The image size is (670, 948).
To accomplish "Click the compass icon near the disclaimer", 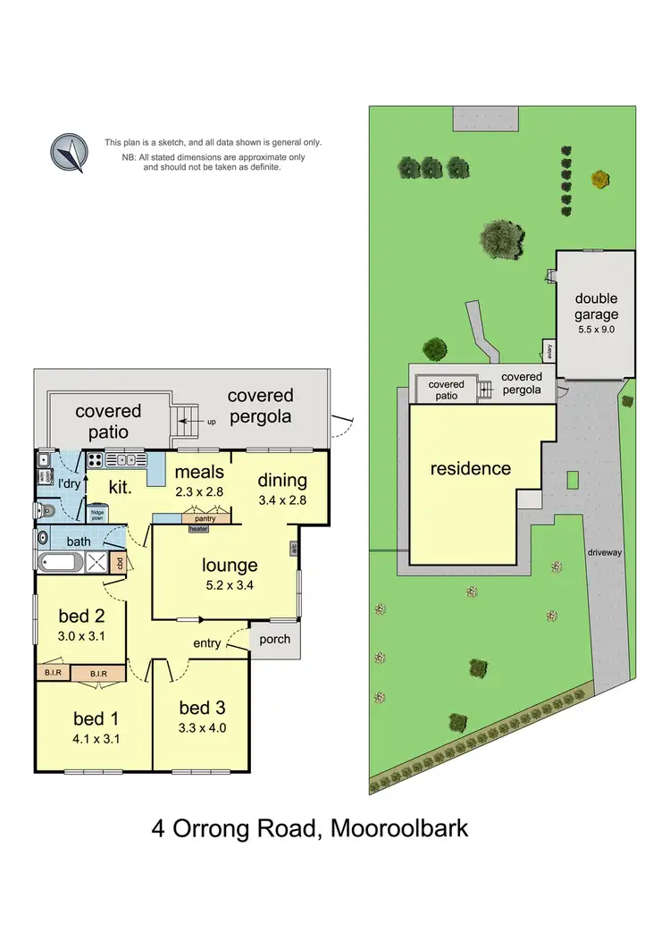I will (68, 153).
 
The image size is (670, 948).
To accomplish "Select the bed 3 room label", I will (201, 709).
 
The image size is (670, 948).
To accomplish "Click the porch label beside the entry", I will (274, 640).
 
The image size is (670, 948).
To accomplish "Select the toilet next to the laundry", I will (46, 511).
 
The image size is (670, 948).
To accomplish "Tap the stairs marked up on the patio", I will (185, 421).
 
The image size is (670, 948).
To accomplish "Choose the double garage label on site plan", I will (596, 306).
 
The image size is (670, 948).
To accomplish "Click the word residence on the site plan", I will (471, 468).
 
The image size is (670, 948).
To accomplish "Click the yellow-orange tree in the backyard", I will (599, 180).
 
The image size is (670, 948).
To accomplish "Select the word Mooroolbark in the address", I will (399, 827).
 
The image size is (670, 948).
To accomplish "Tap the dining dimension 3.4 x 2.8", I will (282, 500).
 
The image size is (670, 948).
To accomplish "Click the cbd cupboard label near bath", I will (119, 563).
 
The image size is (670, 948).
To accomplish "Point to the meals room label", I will (199, 472).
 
